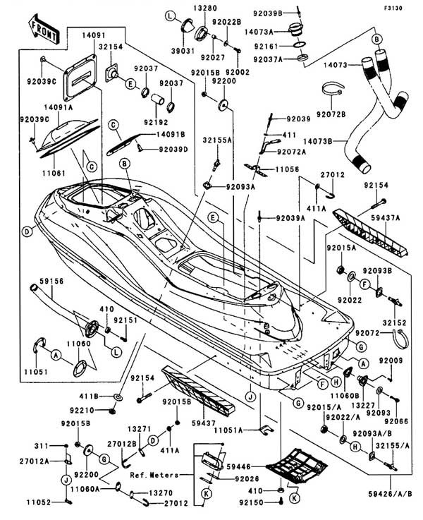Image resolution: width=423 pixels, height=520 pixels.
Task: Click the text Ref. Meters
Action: click(154, 476)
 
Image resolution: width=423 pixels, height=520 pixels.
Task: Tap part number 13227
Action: click(359, 404)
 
